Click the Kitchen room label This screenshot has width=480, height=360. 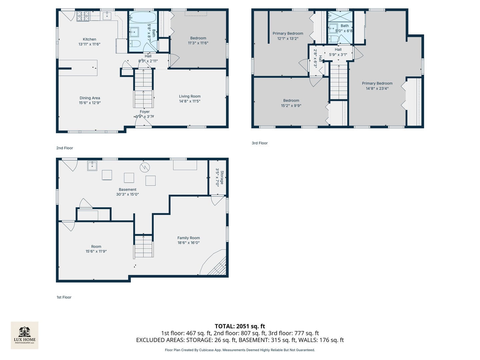(x=89, y=39)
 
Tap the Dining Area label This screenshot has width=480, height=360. (x=90, y=98)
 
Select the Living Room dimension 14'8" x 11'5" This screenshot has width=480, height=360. (x=190, y=101)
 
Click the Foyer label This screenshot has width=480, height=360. (x=145, y=112)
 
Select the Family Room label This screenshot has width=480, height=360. (x=188, y=238)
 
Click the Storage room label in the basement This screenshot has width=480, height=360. (x=222, y=177)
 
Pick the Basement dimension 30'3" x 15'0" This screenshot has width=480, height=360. (x=127, y=194)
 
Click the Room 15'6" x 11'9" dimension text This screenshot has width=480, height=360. (x=96, y=251)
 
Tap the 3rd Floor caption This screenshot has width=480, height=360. (x=260, y=143)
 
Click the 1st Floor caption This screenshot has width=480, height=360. (x=64, y=297)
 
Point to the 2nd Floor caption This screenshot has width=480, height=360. (x=65, y=148)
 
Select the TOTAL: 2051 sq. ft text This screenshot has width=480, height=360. (x=240, y=326)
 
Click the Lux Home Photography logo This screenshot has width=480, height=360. (x=25, y=335)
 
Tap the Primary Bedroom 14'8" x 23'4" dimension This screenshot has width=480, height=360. (x=377, y=88)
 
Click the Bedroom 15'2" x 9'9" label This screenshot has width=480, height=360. (x=291, y=101)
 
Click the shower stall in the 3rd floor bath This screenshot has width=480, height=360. (x=340, y=16)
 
